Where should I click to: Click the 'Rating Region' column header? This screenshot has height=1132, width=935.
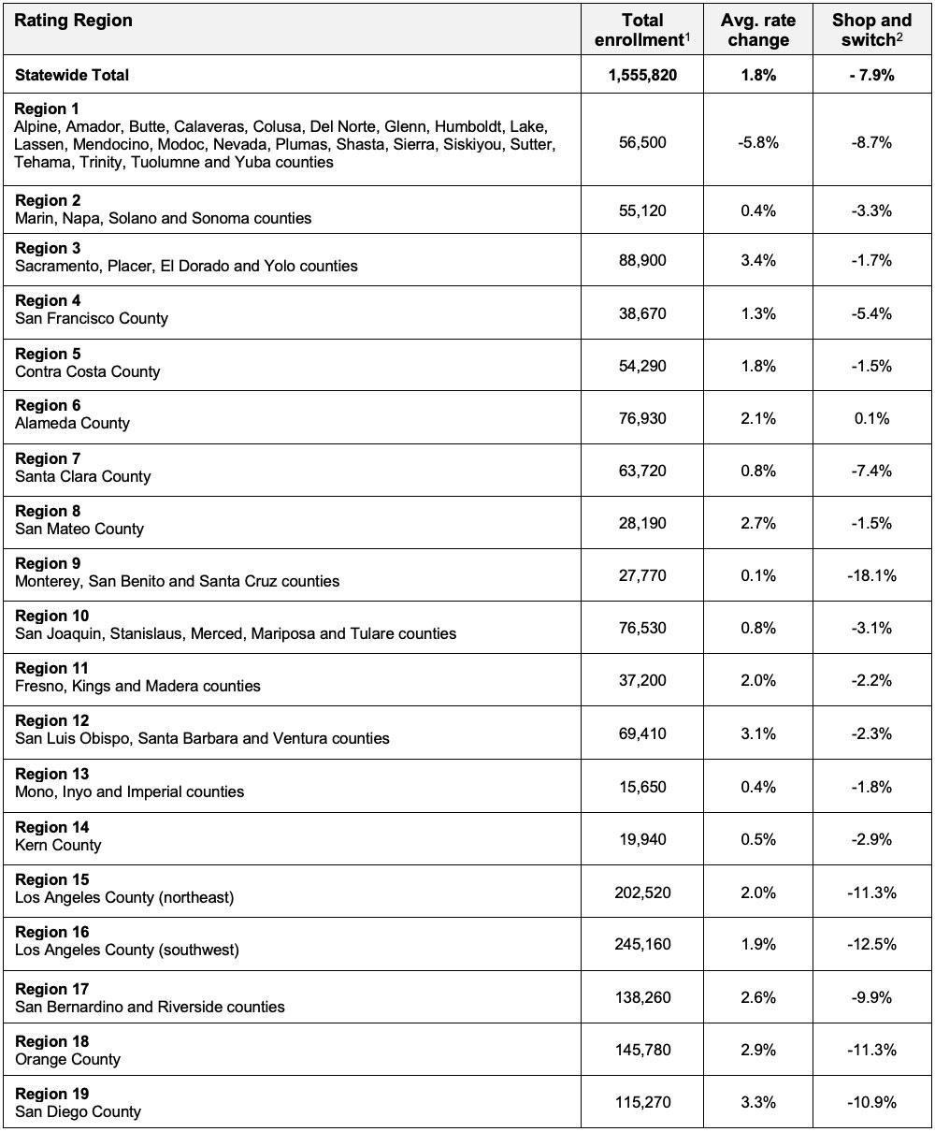tap(74, 21)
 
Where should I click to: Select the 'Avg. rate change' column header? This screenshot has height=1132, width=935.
tap(757, 30)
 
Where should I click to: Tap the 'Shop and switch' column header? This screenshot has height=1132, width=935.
tap(871, 30)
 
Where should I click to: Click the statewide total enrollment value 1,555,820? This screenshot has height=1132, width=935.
tap(642, 75)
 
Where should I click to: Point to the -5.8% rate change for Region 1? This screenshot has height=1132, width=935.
tap(757, 142)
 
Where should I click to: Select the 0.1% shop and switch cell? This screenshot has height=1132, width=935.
tap(871, 418)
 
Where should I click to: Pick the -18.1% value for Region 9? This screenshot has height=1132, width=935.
tap(871, 575)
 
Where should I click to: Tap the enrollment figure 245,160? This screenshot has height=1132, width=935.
tap(642, 944)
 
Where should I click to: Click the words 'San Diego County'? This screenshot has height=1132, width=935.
tap(78, 1111)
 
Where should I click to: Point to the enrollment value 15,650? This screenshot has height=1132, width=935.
tap(642, 787)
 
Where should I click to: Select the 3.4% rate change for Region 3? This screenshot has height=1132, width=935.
tap(757, 259)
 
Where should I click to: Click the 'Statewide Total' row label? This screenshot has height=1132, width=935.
tap(72, 75)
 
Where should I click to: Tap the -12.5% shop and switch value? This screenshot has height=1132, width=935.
tap(871, 944)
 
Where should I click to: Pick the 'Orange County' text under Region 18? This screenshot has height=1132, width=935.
tap(67, 1059)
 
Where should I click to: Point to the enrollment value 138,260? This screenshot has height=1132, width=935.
tap(642, 997)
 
